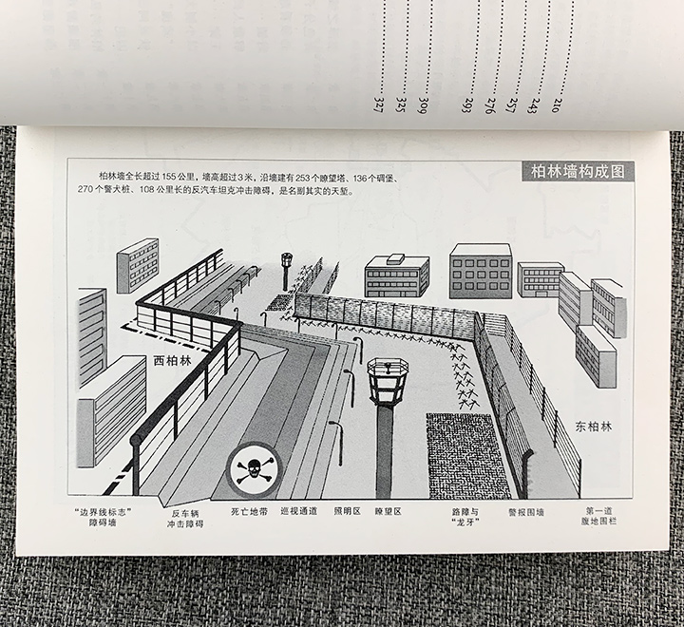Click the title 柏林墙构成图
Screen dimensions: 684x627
tap(578, 172)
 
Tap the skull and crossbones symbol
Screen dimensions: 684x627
tap(255, 470)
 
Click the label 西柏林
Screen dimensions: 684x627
tap(172, 361)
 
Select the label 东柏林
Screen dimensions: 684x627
tap(593, 427)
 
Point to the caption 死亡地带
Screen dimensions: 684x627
tap(250, 511)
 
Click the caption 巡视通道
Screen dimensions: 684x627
tap(299, 511)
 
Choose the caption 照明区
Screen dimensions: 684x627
tap(348, 511)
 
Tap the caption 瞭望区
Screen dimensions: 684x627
tap(388, 511)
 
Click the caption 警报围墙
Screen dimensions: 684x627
tap(526, 512)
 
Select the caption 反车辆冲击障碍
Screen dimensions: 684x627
tap(185, 519)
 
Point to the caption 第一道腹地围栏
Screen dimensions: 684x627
tap(598, 516)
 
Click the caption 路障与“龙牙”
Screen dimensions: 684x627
tap(465, 517)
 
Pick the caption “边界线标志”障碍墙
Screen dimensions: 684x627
tap(104, 517)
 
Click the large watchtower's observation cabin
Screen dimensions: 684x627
tap(388, 381)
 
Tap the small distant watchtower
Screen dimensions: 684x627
tap(286, 271)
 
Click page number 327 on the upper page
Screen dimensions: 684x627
tap(378, 105)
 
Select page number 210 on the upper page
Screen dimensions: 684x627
tap(556, 105)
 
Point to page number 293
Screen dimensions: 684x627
tap(466, 105)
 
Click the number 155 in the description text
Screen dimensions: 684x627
tap(169, 177)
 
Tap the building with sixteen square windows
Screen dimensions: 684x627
tap(481, 272)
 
